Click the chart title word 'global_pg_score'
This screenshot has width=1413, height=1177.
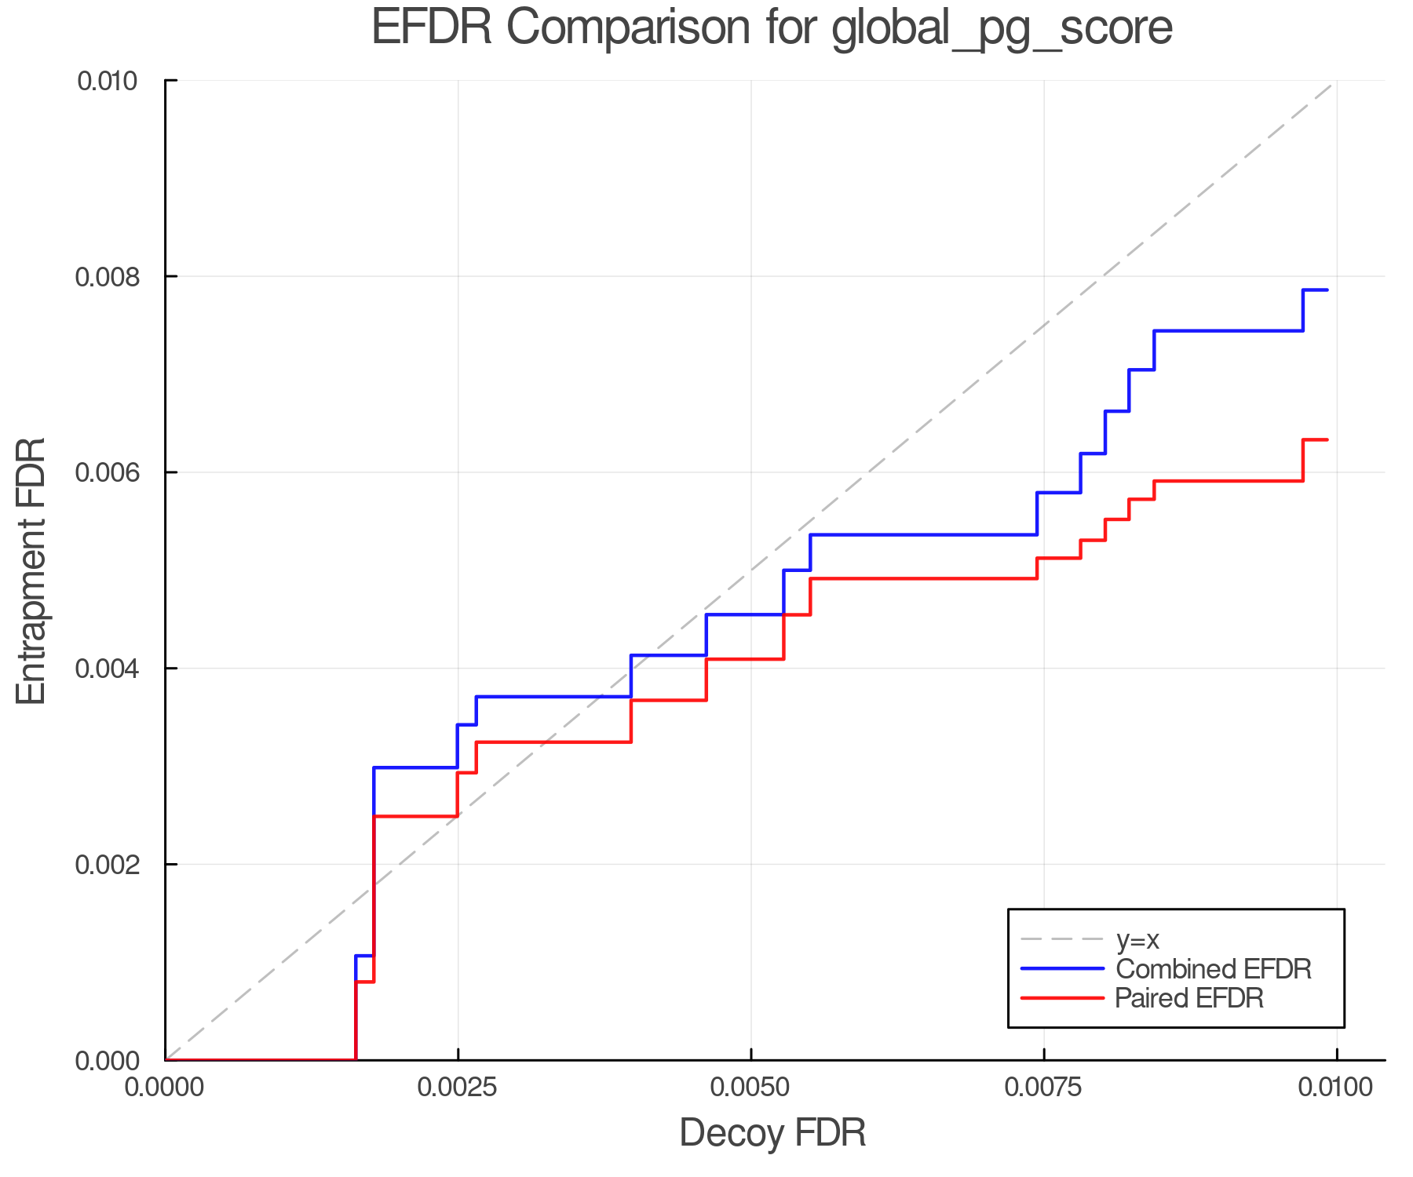point(1002,28)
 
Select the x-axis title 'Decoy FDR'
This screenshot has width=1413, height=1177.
point(772,1133)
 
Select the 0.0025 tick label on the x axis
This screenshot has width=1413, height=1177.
point(458,1088)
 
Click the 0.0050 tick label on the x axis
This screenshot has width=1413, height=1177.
point(751,1088)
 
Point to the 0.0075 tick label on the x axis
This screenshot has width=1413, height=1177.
point(1044,1088)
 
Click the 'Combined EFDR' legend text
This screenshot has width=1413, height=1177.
point(1213,969)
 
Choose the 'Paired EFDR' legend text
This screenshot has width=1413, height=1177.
point(1189,998)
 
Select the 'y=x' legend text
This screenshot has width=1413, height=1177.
point(1137,939)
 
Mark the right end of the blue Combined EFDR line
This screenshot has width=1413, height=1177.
point(1327,290)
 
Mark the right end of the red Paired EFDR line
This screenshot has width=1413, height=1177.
point(1327,439)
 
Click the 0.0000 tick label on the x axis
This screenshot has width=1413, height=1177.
point(165,1088)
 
